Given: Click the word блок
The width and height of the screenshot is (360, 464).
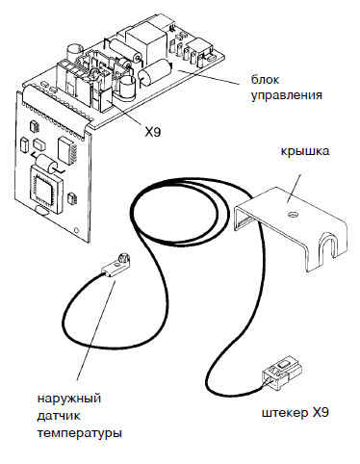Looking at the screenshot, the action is coord(265,79).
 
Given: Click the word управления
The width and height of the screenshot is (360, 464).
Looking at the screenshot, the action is coord(286,95).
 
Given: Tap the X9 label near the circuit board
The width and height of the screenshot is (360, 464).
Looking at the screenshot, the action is coord(153,132).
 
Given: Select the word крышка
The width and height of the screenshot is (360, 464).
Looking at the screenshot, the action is coord(305,151).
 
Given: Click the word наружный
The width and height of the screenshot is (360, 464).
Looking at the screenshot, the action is coord(69,399).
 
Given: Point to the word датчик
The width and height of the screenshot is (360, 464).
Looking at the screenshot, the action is coord(59,416).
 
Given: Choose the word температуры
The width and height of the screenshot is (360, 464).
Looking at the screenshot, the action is coord(80,433).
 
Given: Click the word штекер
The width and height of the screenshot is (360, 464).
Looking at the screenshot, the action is coord(284,413).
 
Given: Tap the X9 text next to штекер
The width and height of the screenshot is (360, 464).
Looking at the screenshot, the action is coord(320,413).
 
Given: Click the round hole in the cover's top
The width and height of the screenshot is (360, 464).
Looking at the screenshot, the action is coord(293,215).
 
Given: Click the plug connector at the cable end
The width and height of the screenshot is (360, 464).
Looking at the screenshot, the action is coord(281,374).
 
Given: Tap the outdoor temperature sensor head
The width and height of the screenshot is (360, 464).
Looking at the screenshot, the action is coord(116,266).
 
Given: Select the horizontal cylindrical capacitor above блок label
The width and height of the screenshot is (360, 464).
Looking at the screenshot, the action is coord(155,72).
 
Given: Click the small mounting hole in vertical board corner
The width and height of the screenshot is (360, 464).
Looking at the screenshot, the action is coord(76,230).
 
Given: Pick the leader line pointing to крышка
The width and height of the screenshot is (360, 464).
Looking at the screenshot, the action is coord(295,189).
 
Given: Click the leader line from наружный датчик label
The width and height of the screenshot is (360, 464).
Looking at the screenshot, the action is coord(96,329).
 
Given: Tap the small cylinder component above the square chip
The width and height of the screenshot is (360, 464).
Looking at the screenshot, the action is coord(46,162).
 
